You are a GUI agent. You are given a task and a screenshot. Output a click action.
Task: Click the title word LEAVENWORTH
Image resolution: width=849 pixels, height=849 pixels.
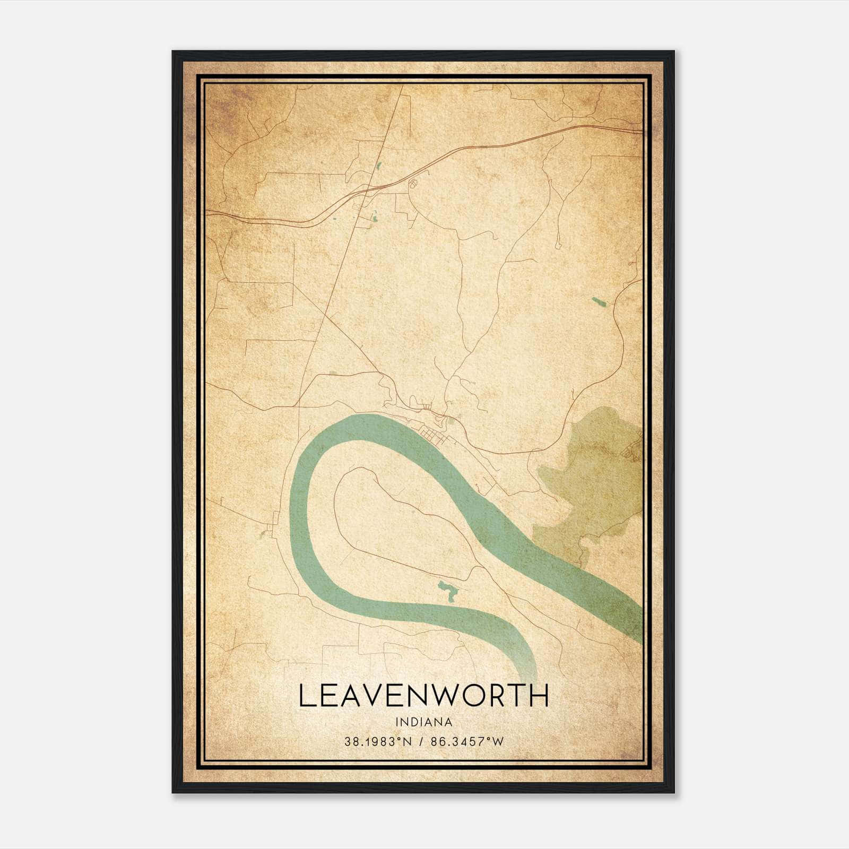point(423,696)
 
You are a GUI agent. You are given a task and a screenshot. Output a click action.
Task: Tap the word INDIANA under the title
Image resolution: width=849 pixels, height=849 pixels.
point(423,722)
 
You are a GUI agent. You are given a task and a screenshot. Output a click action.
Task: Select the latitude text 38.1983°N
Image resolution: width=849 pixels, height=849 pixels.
point(378,742)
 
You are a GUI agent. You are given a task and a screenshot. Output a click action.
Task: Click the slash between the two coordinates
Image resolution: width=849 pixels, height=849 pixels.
point(421,742)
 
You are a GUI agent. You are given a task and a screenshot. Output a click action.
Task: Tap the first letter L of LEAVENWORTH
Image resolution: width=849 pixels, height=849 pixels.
point(307,696)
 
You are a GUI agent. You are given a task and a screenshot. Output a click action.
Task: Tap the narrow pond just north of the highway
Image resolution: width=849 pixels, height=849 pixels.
point(379,166)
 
